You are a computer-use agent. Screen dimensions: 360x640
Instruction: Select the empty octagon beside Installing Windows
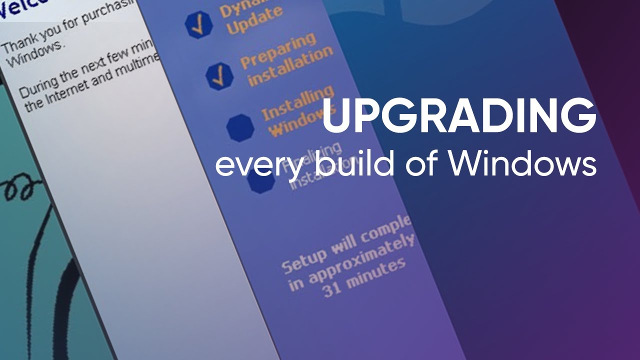(240, 128)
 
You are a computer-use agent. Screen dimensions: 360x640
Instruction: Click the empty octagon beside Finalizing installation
(261, 181)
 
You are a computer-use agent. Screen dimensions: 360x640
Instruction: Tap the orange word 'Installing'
(297, 104)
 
